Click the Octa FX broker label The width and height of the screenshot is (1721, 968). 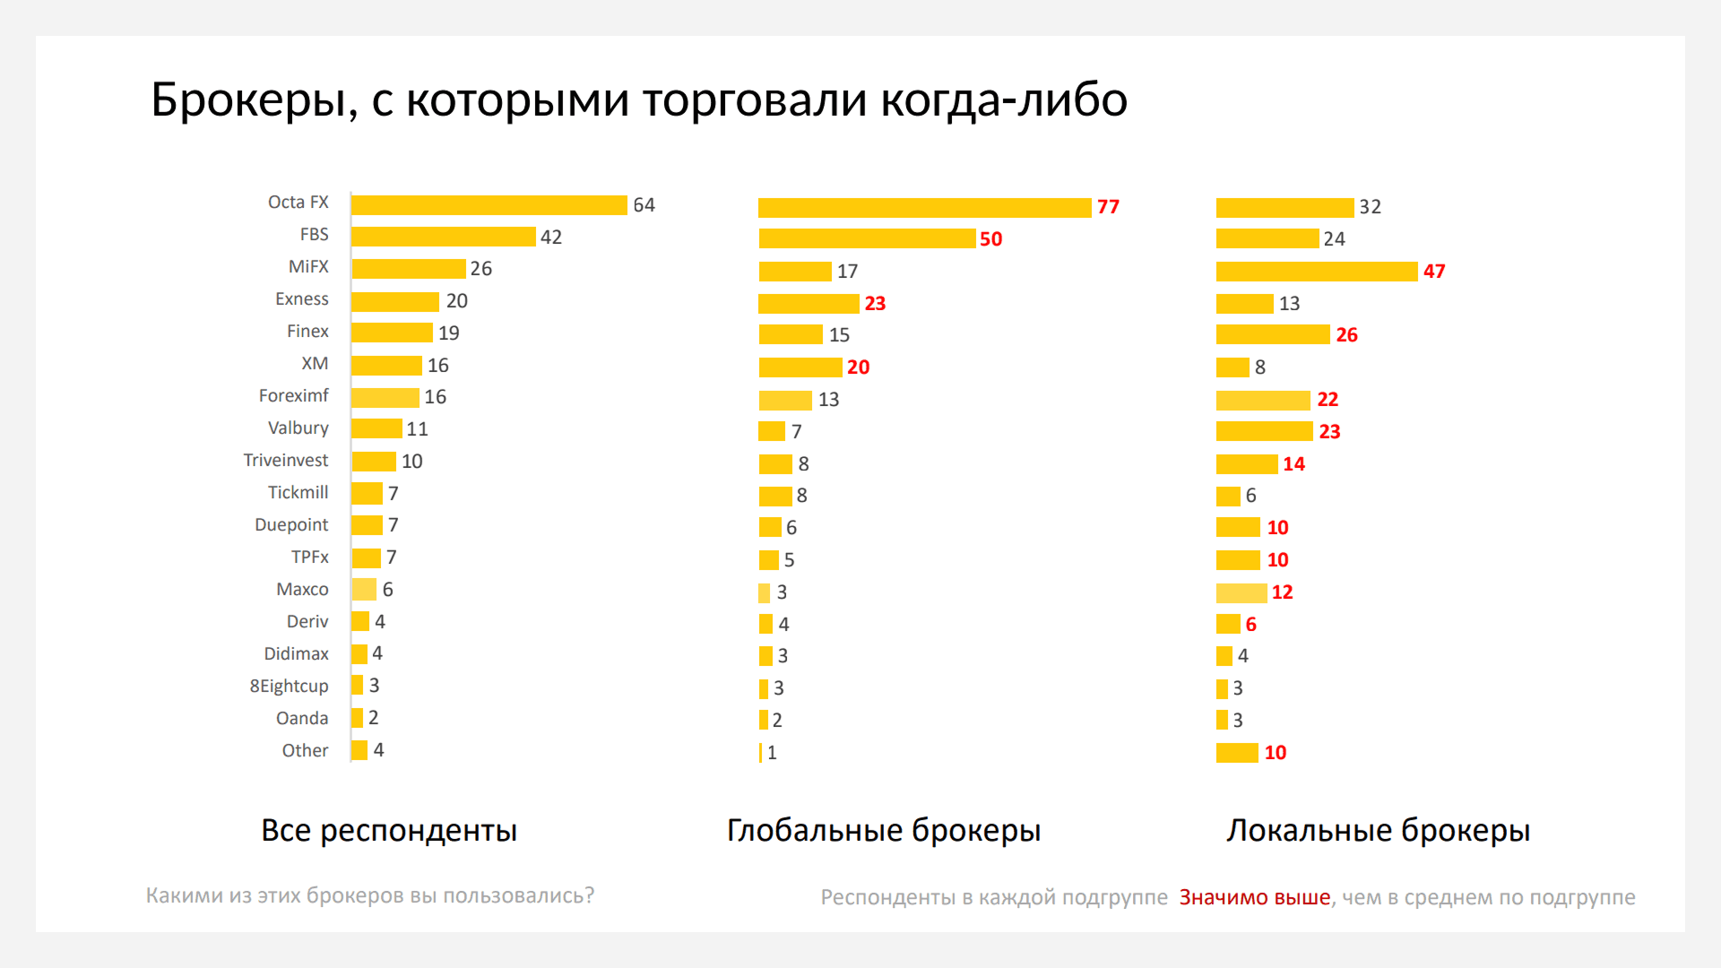coord(298,203)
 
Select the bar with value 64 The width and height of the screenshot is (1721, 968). coord(489,205)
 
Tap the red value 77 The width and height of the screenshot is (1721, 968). coord(1108,207)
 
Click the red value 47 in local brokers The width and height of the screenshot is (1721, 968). coord(1433,272)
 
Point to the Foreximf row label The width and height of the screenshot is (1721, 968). coord(293,396)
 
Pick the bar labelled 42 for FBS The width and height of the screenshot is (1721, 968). coord(443,237)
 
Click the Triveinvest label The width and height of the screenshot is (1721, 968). coord(285,461)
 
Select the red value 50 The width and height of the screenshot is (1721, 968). coord(990,239)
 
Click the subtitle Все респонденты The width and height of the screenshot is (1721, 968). coord(388,831)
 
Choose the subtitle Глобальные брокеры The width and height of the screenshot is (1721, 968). coord(883,831)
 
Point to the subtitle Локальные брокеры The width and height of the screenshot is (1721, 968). coord(1378,831)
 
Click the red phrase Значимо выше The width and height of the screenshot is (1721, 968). coord(1254,897)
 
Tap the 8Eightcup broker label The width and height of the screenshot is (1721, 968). coord(289,687)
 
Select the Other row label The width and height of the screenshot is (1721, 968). coord(305,751)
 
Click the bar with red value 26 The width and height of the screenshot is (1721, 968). coord(1272,335)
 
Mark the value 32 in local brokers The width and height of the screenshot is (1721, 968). coord(1370,207)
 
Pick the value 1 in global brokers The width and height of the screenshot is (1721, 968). coord(772,753)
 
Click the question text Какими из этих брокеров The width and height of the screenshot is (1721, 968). coord(369,895)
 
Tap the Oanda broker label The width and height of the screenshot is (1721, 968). coord(301,719)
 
